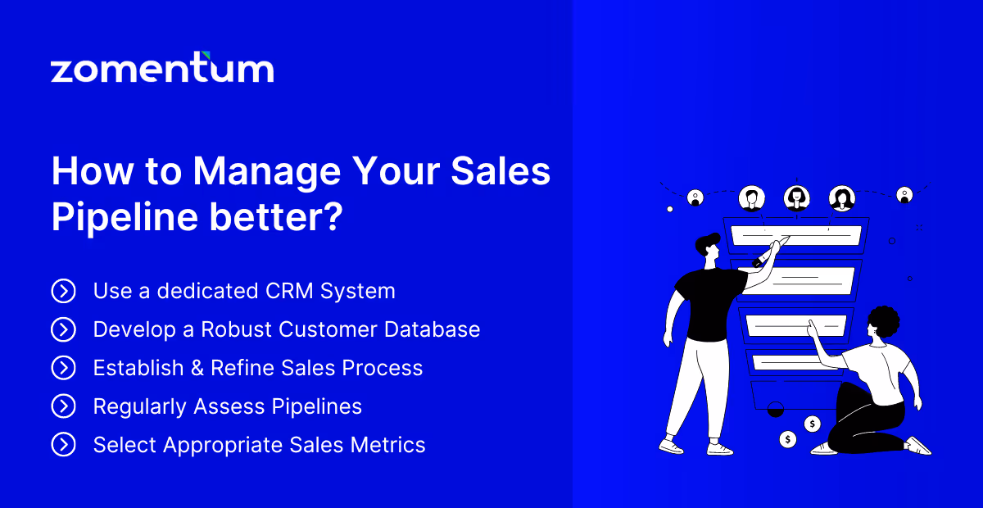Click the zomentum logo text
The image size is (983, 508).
(x=162, y=69)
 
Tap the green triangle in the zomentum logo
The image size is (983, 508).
(x=206, y=56)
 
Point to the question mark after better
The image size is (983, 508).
(x=329, y=217)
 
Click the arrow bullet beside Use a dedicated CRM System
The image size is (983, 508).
(x=63, y=291)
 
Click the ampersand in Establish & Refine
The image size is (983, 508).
(x=197, y=368)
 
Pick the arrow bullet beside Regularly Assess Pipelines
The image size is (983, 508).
(x=63, y=406)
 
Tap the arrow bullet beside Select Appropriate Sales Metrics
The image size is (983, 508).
(x=63, y=445)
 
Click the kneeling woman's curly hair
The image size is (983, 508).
(x=882, y=324)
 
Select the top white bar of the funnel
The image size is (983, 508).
(x=795, y=236)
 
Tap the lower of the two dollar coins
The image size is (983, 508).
(x=788, y=440)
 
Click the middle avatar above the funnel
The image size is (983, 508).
(x=796, y=197)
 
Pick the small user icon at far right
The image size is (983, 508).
(x=904, y=195)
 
